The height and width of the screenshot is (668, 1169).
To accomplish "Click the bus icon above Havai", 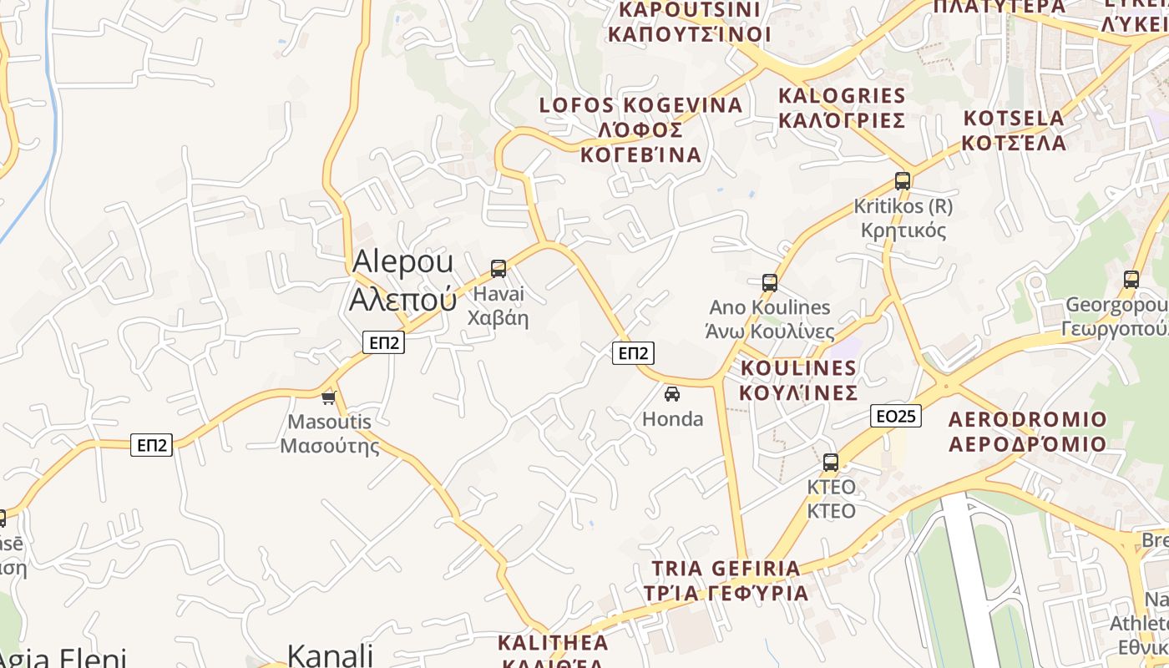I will click(x=498, y=268).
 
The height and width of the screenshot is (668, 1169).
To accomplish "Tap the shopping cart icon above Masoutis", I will click(x=329, y=397).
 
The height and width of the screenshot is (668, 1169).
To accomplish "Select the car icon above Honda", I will click(x=672, y=393).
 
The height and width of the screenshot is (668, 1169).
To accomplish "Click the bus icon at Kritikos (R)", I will click(x=902, y=180).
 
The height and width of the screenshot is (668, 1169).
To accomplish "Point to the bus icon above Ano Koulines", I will click(x=770, y=283).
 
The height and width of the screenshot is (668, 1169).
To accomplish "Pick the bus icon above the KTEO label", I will click(x=831, y=462).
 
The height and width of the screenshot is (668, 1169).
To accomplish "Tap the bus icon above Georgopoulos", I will click(x=1131, y=280).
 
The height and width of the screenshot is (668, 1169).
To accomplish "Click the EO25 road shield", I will click(x=895, y=416).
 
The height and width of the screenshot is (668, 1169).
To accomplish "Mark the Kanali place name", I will click(x=330, y=655).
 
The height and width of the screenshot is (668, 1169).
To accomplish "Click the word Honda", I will click(x=673, y=419).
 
